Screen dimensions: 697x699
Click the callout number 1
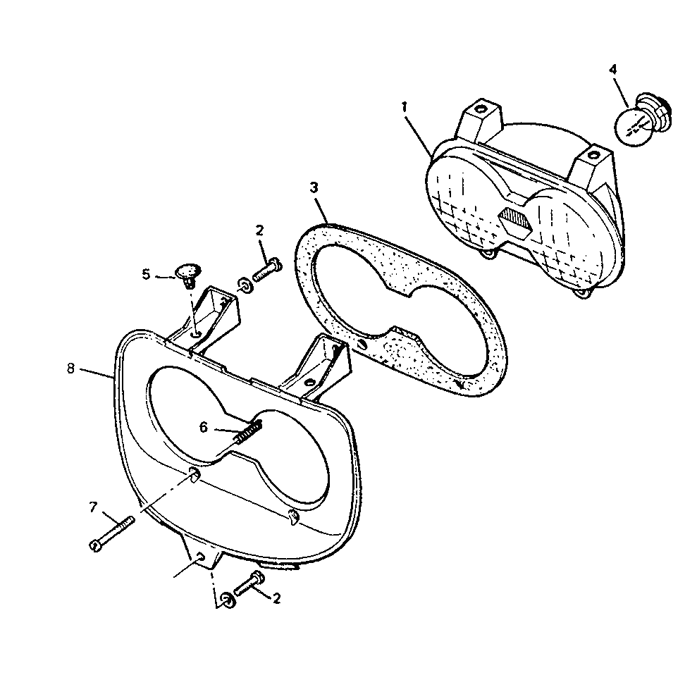point(405,107)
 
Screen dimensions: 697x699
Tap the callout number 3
point(314,187)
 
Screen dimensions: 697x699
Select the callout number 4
point(613,70)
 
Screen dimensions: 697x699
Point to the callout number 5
point(147,273)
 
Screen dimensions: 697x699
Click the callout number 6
point(204,428)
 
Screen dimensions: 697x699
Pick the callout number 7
point(93,507)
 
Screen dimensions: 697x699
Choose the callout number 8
point(70,369)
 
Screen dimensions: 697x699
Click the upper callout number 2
point(259,230)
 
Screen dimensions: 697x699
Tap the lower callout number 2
point(276,598)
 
